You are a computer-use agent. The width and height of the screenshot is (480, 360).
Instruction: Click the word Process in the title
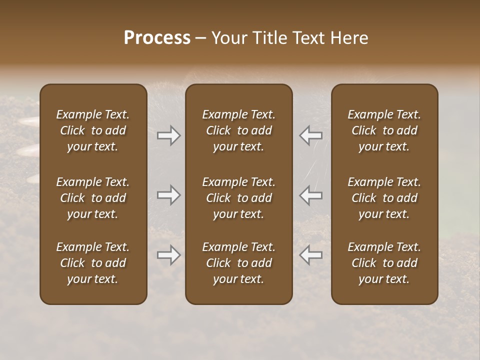pyautogui.click(x=157, y=38)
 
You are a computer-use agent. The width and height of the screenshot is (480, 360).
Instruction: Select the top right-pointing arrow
pyautogui.click(x=169, y=135)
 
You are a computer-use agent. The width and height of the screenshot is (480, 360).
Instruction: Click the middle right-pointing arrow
pyautogui.click(x=169, y=195)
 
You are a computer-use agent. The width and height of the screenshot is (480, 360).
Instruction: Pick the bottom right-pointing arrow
pyautogui.click(x=169, y=255)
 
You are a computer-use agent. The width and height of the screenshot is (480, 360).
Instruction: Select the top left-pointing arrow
pyautogui.click(x=310, y=135)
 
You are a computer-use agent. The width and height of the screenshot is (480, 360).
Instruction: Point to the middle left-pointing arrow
pyautogui.click(x=310, y=195)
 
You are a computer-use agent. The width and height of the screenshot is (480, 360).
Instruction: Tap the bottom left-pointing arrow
pyautogui.click(x=310, y=255)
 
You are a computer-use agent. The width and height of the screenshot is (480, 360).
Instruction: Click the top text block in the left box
pyautogui.click(x=93, y=130)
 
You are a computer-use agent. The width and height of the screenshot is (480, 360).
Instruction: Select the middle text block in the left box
pyautogui.click(x=93, y=198)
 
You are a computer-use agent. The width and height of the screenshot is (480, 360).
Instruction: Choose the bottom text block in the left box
pyautogui.click(x=93, y=263)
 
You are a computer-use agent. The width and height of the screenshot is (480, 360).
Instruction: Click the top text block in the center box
pyautogui.click(x=239, y=130)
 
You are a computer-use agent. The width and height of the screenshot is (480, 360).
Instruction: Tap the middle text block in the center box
pyautogui.click(x=239, y=198)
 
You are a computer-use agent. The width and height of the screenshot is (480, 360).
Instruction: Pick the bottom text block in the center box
pyautogui.click(x=239, y=263)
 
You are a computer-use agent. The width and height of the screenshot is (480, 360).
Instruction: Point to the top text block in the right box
pyautogui.click(x=384, y=130)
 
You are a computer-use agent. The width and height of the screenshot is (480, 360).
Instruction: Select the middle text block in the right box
pyautogui.click(x=384, y=198)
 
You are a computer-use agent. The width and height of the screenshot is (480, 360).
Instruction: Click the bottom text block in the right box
pyautogui.click(x=384, y=263)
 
